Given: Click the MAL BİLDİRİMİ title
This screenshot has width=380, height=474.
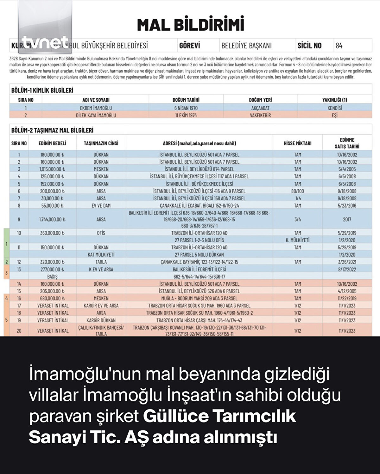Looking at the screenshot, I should click(191, 25).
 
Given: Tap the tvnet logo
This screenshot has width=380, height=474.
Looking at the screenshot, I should click(45, 42).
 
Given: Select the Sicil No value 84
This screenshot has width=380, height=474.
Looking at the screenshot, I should click(339, 46).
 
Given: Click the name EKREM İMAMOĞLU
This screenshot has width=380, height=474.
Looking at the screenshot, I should click(96, 108).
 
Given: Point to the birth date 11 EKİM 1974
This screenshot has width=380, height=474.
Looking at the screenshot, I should click(186, 115).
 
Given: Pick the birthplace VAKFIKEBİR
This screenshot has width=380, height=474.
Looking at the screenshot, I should click(260, 115).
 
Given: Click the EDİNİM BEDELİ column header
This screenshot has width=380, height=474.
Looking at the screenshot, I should click(52, 143).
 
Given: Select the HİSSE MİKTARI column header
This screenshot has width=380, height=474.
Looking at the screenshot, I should click(297, 143).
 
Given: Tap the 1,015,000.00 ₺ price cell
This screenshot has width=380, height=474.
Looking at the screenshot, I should click(52, 169).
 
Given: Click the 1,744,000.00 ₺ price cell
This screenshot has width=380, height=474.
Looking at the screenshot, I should click(52, 219).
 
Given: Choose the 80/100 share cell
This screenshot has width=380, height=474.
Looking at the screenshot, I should click(297, 191).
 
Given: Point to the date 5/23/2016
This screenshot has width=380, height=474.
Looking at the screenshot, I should click(347, 205).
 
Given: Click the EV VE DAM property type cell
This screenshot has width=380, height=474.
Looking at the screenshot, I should click(101, 205).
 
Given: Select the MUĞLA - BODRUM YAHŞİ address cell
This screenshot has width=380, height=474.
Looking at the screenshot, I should click(199, 298).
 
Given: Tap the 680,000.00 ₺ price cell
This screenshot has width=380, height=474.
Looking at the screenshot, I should click(52, 298).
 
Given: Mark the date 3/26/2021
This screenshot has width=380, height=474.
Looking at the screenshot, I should click(347, 262).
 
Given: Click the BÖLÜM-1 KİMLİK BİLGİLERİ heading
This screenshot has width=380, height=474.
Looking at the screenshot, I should click(42, 90).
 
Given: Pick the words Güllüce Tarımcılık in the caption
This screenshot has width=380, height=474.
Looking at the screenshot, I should click(219, 416).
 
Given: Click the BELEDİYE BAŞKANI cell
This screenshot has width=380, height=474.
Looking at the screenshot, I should click(246, 46).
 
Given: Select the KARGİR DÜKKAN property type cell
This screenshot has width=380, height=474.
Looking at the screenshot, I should click(101, 320).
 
